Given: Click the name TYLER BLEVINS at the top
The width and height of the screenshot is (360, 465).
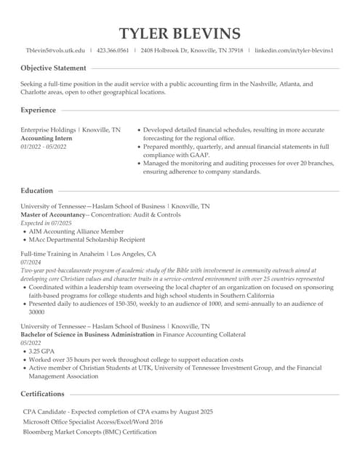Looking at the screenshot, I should (x=180, y=33).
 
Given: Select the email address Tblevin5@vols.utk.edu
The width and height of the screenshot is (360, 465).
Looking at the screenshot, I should (x=55, y=51).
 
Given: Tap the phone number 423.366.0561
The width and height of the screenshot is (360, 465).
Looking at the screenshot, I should (x=113, y=51).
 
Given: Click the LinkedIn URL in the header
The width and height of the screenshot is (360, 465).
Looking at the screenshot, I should (x=294, y=51).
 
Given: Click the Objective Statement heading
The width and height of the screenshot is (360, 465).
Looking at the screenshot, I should (x=53, y=68).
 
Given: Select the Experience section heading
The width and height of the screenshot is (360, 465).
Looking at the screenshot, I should (x=38, y=110).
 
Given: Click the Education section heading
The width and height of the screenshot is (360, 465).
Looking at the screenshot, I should (x=36, y=190).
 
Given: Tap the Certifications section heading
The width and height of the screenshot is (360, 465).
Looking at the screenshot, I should (x=42, y=394).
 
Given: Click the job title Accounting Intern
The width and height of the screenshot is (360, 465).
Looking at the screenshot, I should (x=47, y=138).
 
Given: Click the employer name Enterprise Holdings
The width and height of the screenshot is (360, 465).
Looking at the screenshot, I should (x=48, y=129).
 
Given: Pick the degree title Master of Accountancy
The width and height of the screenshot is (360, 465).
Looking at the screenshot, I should (x=52, y=215).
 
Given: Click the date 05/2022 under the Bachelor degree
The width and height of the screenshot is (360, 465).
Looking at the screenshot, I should (x=31, y=343).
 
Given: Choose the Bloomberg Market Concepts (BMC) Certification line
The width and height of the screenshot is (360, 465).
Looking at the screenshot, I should (x=89, y=432).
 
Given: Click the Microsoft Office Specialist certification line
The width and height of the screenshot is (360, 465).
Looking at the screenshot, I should (x=92, y=421).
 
